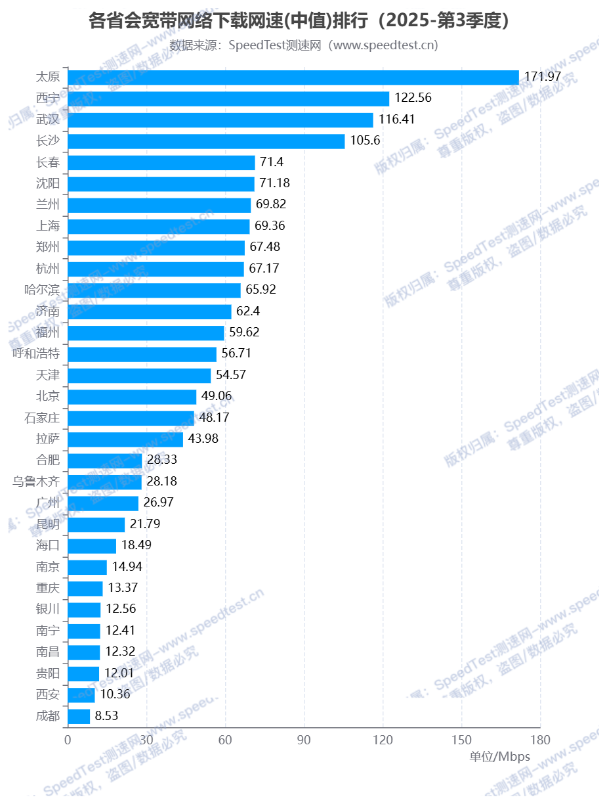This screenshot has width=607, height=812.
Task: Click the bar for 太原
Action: (x=293, y=78)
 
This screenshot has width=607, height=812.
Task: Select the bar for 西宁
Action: (x=228, y=99)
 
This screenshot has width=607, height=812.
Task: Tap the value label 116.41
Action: (x=396, y=120)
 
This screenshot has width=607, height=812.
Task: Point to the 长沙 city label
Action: (x=48, y=141)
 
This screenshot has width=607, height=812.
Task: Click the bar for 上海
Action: (x=159, y=226)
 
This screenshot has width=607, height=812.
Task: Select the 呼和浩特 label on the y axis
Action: (x=37, y=353)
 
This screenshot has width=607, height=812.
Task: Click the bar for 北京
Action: (x=132, y=396)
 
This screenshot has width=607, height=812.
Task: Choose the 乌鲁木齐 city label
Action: (x=37, y=482)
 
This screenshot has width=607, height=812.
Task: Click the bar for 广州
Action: (x=103, y=503)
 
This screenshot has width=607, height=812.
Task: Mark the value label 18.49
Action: (x=136, y=545)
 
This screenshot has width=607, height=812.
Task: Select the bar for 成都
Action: (x=79, y=716)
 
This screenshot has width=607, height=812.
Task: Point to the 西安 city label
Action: (x=48, y=694)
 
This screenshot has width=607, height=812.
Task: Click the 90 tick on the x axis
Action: (x=304, y=740)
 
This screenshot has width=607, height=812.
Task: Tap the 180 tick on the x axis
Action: (x=540, y=740)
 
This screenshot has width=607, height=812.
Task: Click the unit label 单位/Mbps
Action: (x=499, y=757)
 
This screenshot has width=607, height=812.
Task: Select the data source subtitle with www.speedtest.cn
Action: (x=303, y=45)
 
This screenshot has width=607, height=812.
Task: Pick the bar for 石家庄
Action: (x=131, y=418)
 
